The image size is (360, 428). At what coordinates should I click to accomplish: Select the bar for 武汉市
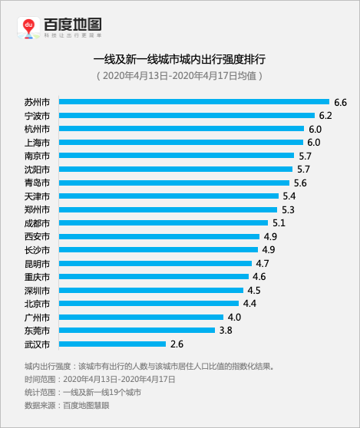112,344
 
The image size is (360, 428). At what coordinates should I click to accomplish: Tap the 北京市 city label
37,304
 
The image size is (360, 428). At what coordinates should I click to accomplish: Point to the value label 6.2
325,116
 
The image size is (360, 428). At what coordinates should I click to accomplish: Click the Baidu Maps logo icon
29,28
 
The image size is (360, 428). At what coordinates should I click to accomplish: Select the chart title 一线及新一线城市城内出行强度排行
180,59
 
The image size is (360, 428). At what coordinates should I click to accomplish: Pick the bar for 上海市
180,143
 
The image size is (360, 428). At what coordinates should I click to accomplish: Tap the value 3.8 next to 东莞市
226,331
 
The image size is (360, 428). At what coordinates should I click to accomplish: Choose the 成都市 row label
37,223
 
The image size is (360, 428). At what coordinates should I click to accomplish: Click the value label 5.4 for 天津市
289,196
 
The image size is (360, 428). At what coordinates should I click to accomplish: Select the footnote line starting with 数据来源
67,405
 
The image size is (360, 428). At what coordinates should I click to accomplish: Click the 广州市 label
37,317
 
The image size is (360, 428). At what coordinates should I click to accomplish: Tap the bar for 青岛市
173,183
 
